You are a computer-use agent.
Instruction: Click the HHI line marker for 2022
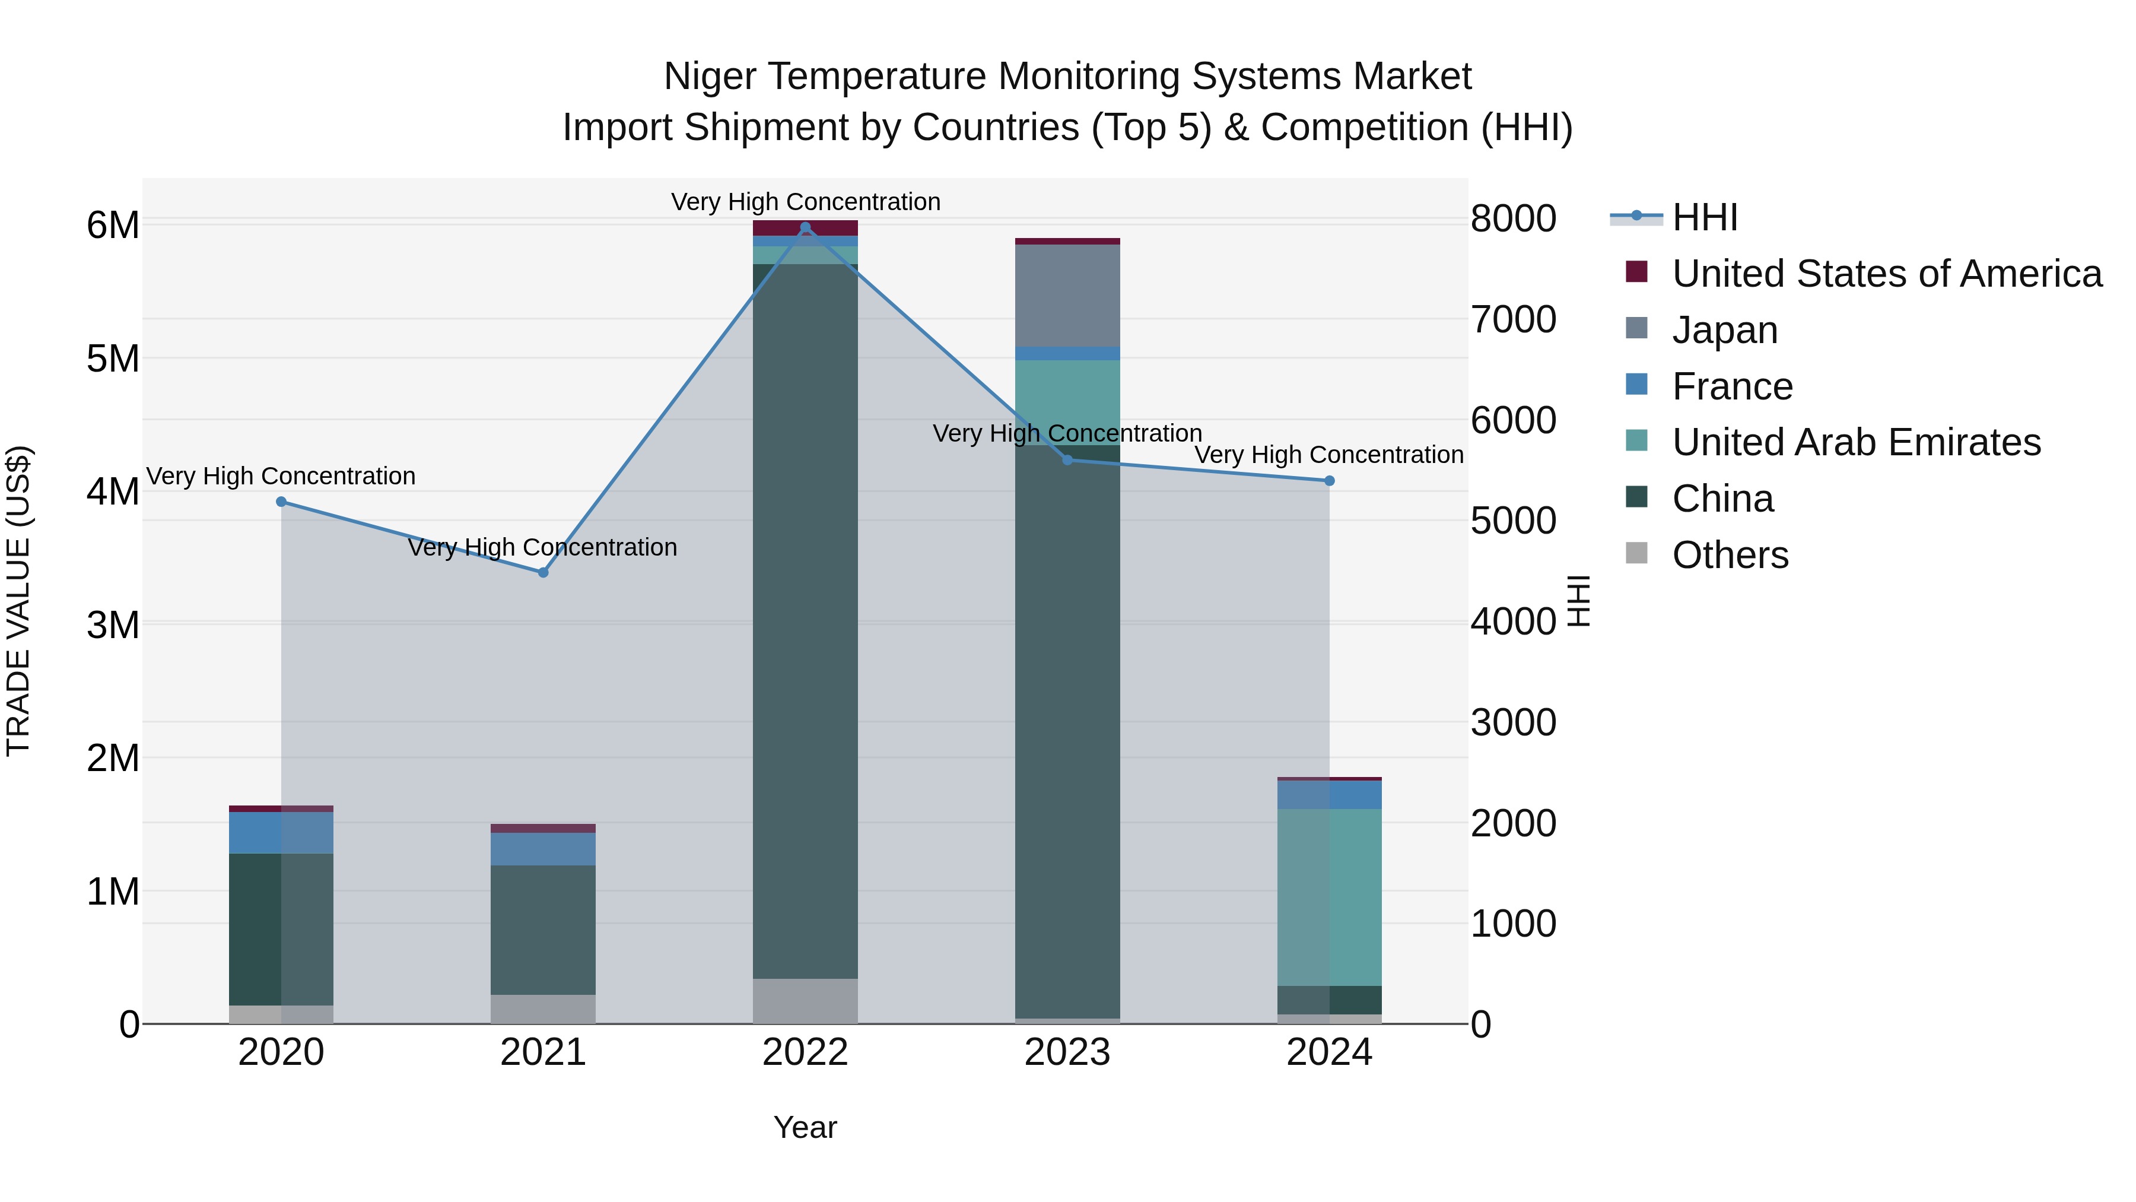[805, 227]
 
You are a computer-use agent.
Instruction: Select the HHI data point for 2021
[543, 572]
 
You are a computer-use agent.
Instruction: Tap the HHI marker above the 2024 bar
[1329, 480]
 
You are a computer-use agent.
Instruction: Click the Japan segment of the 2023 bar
[1067, 296]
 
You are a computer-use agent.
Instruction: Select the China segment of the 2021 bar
[543, 929]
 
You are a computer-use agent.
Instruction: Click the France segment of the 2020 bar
[281, 832]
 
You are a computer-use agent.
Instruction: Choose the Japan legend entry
[1725, 330]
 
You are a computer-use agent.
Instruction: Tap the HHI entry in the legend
[1704, 217]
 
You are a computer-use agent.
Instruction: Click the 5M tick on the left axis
[113, 359]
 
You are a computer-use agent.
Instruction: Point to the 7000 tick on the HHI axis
[1513, 319]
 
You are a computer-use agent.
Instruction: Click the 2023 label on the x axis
[1067, 1052]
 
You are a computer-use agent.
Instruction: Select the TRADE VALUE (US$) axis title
[18, 601]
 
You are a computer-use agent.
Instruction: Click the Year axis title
[805, 1127]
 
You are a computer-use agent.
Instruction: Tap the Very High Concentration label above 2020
[281, 476]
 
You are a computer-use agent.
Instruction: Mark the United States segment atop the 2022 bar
[805, 227]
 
